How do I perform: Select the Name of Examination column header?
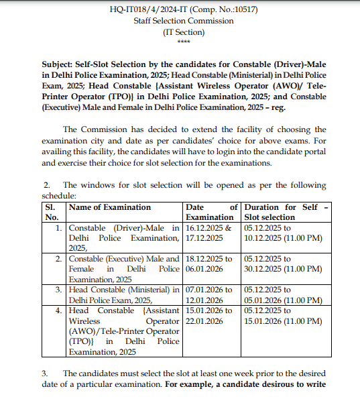tap(110, 208)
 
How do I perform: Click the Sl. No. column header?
tap(52, 213)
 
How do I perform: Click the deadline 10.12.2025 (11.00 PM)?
tap(284, 238)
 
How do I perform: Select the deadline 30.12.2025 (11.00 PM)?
tap(284, 269)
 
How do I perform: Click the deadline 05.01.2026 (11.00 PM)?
tap(284, 300)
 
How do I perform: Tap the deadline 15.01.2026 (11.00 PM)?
tap(284, 321)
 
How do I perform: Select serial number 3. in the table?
tap(60, 290)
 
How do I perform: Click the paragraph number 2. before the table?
tap(47, 185)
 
